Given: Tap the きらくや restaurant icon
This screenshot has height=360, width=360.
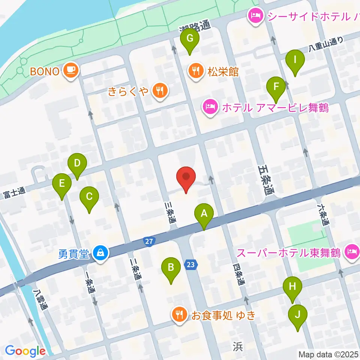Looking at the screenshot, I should [x=160, y=90].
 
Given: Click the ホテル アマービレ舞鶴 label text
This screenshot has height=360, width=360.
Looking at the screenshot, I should [x=275, y=108].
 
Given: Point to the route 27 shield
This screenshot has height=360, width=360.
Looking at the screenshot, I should [x=149, y=242].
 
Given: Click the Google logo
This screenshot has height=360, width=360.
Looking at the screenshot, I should [x=25, y=351].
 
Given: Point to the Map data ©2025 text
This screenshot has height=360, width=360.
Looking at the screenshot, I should [x=328, y=354].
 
